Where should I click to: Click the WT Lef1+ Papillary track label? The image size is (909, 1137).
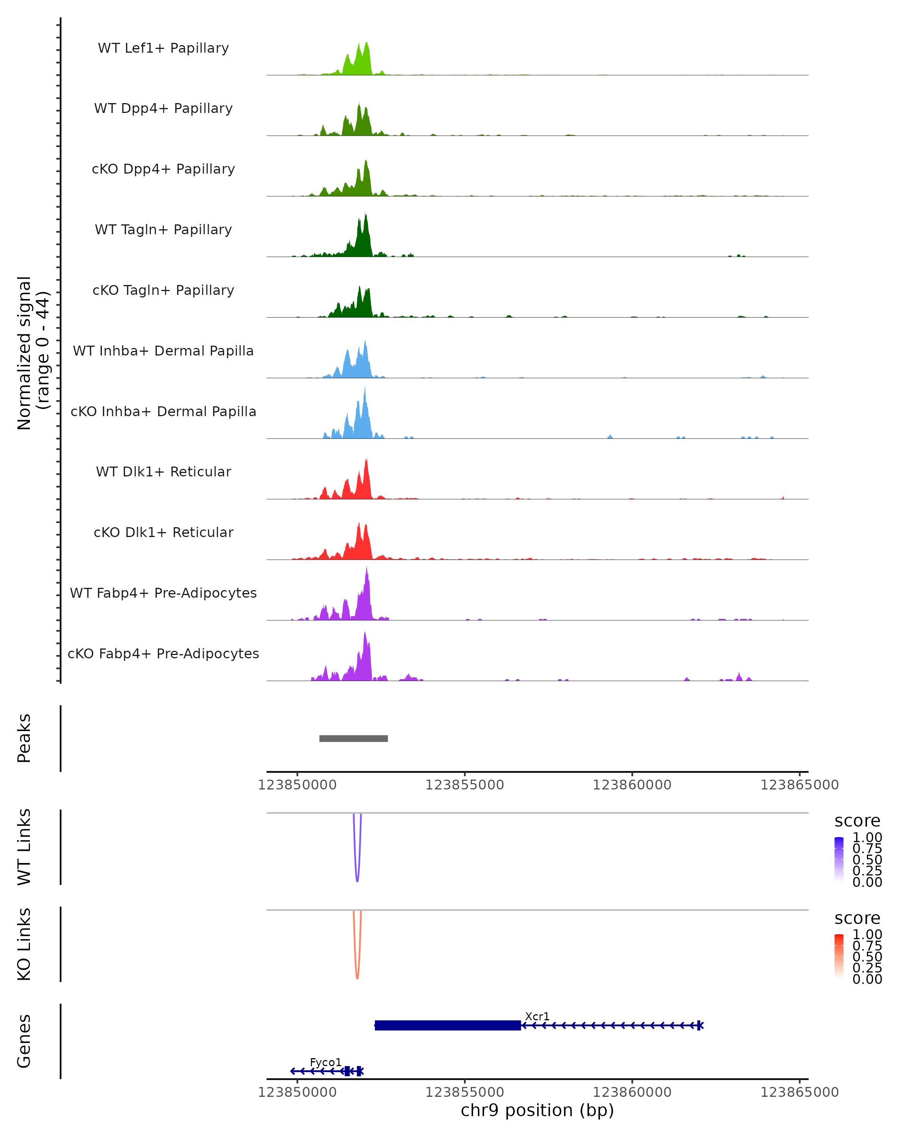click(x=163, y=48)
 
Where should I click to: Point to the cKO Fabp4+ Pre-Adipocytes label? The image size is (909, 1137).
click(x=163, y=653)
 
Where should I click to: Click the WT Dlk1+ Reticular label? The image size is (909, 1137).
click(x=163, y=471)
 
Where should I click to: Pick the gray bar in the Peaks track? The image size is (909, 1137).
click(x=354, y=738)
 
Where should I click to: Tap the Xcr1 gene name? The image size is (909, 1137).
click(x=537, y=1016)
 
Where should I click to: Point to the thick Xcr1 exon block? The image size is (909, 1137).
click(x=448, y=1025)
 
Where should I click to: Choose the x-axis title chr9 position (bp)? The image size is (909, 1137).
click(x=537, y=1110)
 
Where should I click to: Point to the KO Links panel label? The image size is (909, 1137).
click(x=24, y=944)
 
